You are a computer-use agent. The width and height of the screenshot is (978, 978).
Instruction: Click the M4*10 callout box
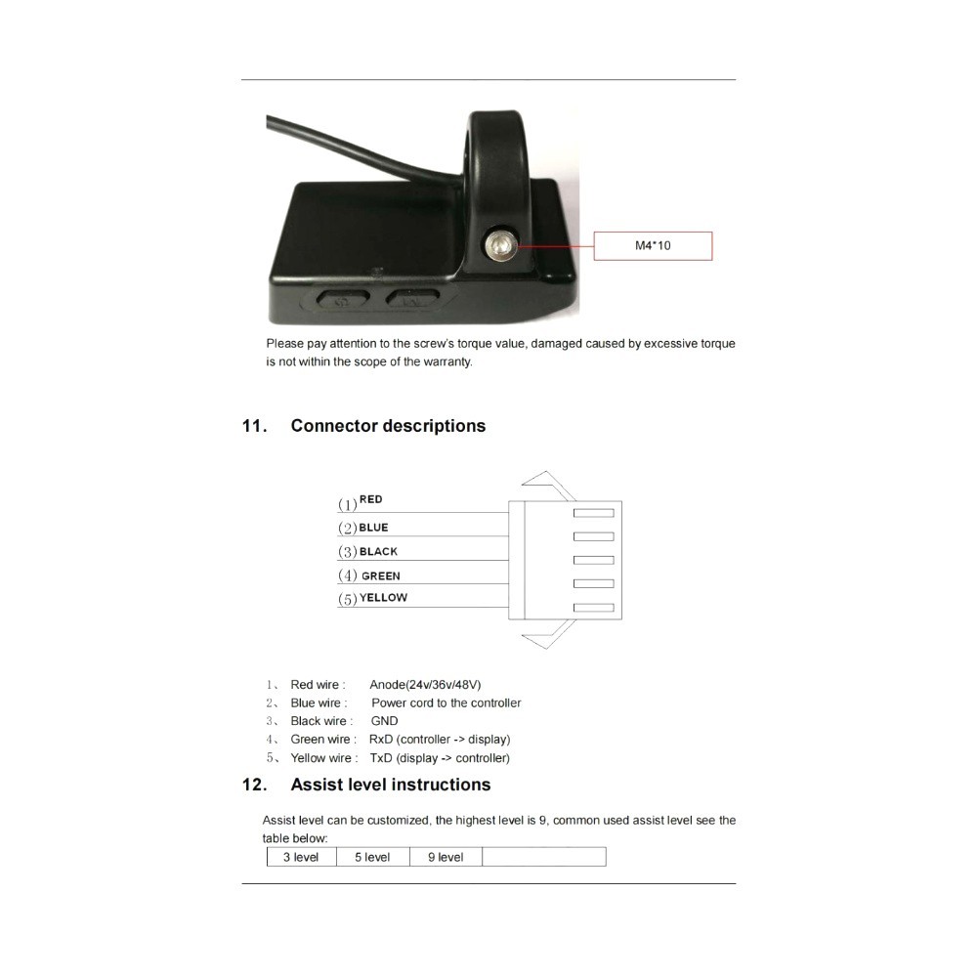pos(653,245)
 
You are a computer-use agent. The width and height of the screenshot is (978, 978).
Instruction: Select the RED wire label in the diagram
pos(371,499)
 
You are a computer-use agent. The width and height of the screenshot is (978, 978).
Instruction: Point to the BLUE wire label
pos(373,528)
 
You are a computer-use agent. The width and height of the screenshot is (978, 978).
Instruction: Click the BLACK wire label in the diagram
pos(378,552)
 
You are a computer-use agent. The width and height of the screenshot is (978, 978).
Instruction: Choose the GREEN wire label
pos(380,576)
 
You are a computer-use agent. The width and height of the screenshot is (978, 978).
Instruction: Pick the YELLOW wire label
pos(383,598)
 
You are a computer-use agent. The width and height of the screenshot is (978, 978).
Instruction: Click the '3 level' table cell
pos(301,857)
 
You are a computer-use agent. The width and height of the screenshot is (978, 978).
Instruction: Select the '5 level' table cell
pos(372,857)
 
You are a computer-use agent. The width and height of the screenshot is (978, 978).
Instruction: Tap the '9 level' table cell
pos(446,857)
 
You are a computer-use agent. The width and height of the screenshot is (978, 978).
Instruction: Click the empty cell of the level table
pos(543,857)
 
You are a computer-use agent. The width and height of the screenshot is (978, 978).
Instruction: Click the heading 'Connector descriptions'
pos(388,426)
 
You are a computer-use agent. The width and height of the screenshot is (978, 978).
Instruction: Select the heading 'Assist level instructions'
pos(391,785)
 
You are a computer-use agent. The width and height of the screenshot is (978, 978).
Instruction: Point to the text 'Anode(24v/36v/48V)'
pos(425,685)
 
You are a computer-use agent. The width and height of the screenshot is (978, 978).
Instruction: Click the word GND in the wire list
pos(384,721)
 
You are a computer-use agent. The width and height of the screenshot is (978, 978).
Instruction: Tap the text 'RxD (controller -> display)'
pos(440,740)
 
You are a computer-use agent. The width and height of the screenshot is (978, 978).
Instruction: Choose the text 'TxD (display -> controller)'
pos(440,758)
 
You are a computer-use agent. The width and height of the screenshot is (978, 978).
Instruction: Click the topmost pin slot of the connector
pos(593,512)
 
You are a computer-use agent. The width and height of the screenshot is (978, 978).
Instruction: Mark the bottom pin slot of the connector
pos(593,608)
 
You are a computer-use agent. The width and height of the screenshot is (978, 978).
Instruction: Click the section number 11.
pos(254,426)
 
